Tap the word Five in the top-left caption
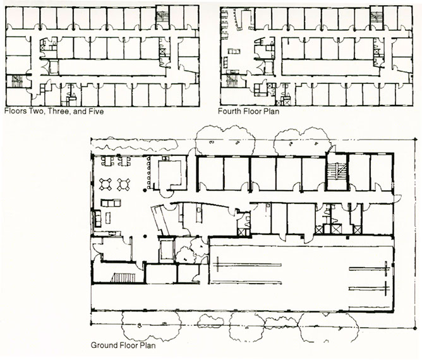coord(96,111)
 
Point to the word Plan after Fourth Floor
coord(272,111)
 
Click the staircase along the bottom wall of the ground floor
coord(123,277)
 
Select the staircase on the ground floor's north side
coord(337,171)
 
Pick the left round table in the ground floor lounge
coord(105,184)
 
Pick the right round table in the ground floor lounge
coord(124,184)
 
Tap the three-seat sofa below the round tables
coord(111,203)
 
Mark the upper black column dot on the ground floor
coord(145,190)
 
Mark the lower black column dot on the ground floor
coord(145,236)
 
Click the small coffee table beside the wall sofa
coord(108,218)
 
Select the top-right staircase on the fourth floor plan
coord(376,17)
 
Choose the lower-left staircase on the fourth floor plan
coord(232,81)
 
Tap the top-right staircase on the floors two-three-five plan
coord(162,17)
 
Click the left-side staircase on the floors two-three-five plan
coord(17,81)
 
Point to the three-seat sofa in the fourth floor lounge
coord(234,51)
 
